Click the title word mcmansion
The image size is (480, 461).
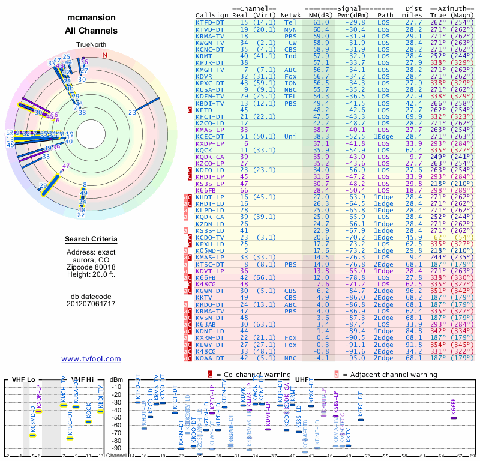(x=91, y=18)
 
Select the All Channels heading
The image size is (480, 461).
(x=91, y=31)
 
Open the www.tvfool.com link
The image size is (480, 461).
(x=91, y=359)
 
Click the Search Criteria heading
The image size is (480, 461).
(x=91, y=240)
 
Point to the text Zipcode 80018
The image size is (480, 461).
(x=91, y=267)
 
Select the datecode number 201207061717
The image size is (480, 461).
(x=91, y=304)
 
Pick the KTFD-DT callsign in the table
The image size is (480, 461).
(x=210, y=22)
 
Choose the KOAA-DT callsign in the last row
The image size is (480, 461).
(x=210, y=358)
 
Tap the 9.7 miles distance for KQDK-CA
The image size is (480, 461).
(x=415, y=156)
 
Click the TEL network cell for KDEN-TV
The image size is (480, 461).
(x=290, y=96)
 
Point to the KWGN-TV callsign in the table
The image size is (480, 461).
(x=210, y=42)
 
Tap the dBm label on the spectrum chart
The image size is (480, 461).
(x=115, y=379)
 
